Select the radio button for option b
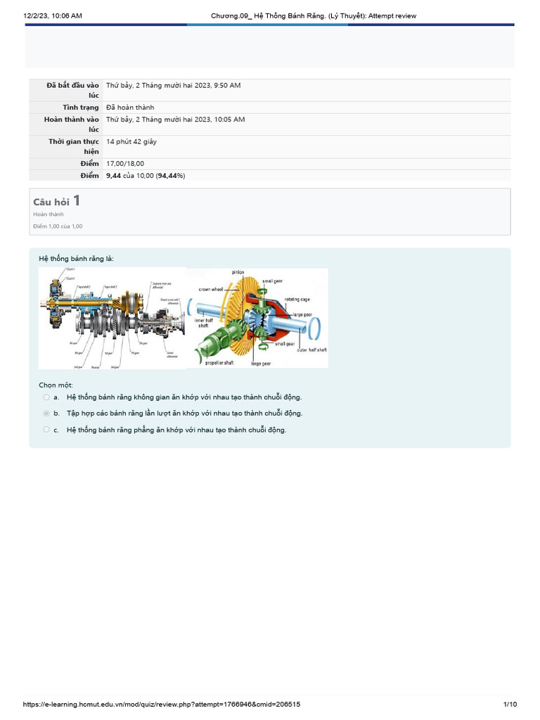(46, 413)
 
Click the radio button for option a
(46, 397)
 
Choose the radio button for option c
(46, 430)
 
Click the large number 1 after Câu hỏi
(76, 201)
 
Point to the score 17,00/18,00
(125, 164)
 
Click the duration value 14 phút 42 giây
(131, 141)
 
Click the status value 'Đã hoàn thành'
(130, 108)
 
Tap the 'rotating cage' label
(297, 300)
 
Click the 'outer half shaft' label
(311, 349)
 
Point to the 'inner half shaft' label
(204, 323)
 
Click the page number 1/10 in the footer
(510, 705)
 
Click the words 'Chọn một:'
(56, 385)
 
